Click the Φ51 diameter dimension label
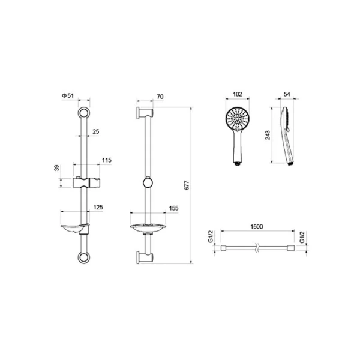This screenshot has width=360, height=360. [68, 96]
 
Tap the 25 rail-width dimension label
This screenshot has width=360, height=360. [96, 131]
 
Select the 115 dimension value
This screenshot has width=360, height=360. [107, 160]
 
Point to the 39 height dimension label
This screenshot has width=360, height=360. [56, 168]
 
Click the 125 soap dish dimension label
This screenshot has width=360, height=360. [98, 207]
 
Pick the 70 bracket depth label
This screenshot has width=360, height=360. [160, 97]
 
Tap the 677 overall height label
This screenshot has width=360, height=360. [187, 185]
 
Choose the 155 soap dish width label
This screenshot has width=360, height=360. [173, 208]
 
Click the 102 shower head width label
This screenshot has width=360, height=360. [238, 94]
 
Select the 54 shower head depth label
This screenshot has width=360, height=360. [287, 94]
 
